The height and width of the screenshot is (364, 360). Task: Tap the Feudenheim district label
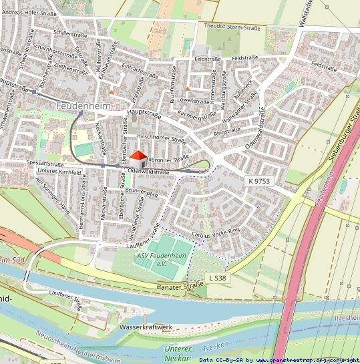tap(83, 106)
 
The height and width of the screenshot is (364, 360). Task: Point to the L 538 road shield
tap(217, 277)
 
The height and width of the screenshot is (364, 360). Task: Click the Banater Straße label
tap(180, 285)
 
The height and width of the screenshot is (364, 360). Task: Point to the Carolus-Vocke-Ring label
tap(215, 234)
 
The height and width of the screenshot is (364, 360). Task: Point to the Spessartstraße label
tap(45, 163)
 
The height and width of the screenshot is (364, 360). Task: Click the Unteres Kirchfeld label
tap(58, 172)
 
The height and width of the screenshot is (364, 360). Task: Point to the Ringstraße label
tap(226, 133)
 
